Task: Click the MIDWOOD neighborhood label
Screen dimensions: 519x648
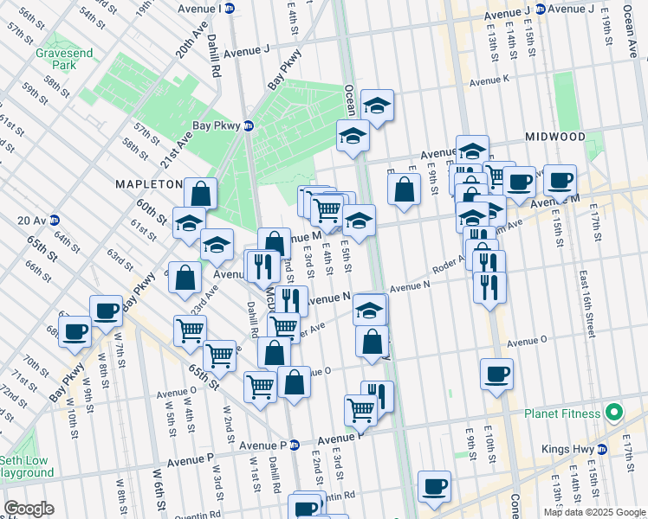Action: [x=555, y=138]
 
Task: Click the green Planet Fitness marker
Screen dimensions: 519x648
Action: [x=614, y=412]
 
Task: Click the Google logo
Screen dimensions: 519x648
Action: [x=28, y=509]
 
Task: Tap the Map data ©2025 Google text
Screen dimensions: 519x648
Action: [x=593, y=512]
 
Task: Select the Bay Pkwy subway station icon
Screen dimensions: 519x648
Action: [x=249, y=125]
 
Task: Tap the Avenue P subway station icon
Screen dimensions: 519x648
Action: [x=294, y=445]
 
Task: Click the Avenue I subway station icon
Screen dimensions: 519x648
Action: [x=230, y=9]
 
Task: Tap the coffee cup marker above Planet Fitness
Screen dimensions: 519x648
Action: [x=497, y=374]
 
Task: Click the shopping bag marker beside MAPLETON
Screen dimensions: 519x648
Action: [x=200, y=194]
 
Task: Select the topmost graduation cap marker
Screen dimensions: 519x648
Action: [x=377, y=106]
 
